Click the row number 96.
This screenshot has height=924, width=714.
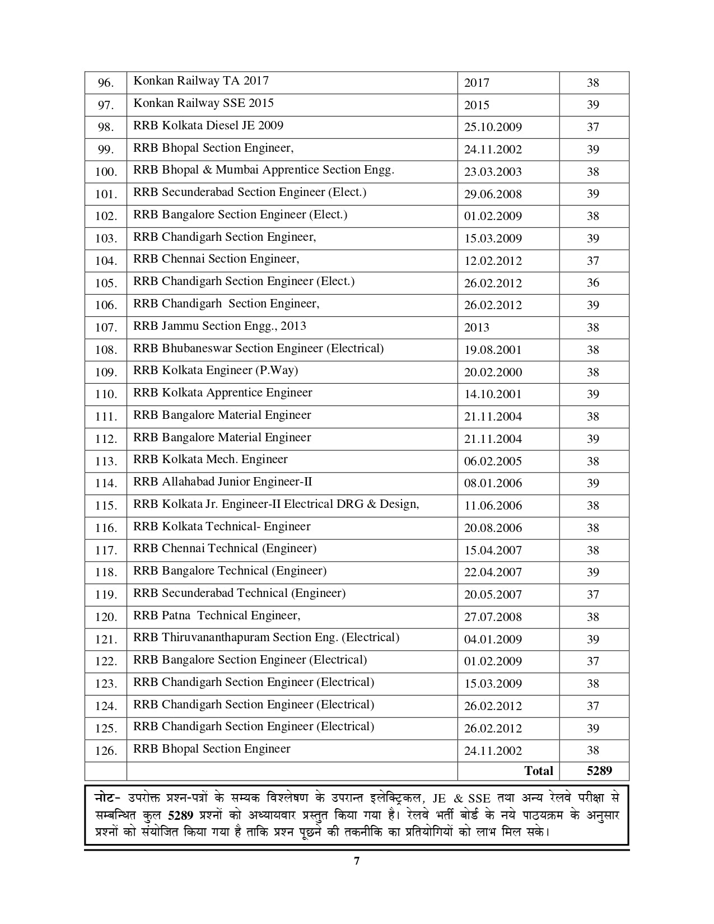(x=105, y=83)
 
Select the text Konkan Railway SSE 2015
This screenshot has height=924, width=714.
(x=203, y=103)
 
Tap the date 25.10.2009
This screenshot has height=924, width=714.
(x=493, y=127)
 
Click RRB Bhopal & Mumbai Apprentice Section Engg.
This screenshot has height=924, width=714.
(x=263, y=170)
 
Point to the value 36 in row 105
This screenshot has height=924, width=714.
(x=593, y=283)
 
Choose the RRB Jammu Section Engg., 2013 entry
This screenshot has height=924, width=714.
(x=220, y=326)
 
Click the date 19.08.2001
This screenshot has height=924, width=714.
(x=493, y=350)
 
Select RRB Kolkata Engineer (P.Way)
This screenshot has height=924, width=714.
(x=216, y=370)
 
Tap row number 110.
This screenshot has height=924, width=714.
(x=105, y=394)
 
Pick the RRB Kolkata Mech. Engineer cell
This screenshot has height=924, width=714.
(x=210, y=459)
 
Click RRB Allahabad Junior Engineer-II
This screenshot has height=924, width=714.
(x=222, y=482)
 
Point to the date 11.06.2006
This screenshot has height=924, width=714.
(x=493, y=506)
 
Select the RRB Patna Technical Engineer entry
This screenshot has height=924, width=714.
(x=216, y=615)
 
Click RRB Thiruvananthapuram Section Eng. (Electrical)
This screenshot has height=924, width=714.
(x=266, y=637)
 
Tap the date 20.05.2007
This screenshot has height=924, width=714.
(x=493, y=595)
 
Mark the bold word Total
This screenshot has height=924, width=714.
(x=538, y=771)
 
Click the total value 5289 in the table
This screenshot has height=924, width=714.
(x=599, y=771)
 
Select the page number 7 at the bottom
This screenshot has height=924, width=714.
(x=357, y=861)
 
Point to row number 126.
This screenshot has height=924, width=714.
(x=105, y=750)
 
